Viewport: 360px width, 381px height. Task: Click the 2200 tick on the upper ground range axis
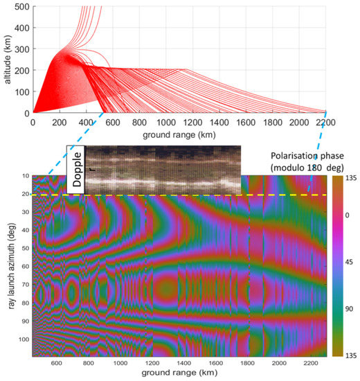coord(325,121)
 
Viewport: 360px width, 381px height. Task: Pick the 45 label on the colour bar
coord(351,266)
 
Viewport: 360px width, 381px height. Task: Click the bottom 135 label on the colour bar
coord(351,354)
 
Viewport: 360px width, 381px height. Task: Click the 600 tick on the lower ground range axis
coord(56,364)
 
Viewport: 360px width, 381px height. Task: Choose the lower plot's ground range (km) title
coord(180,375)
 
